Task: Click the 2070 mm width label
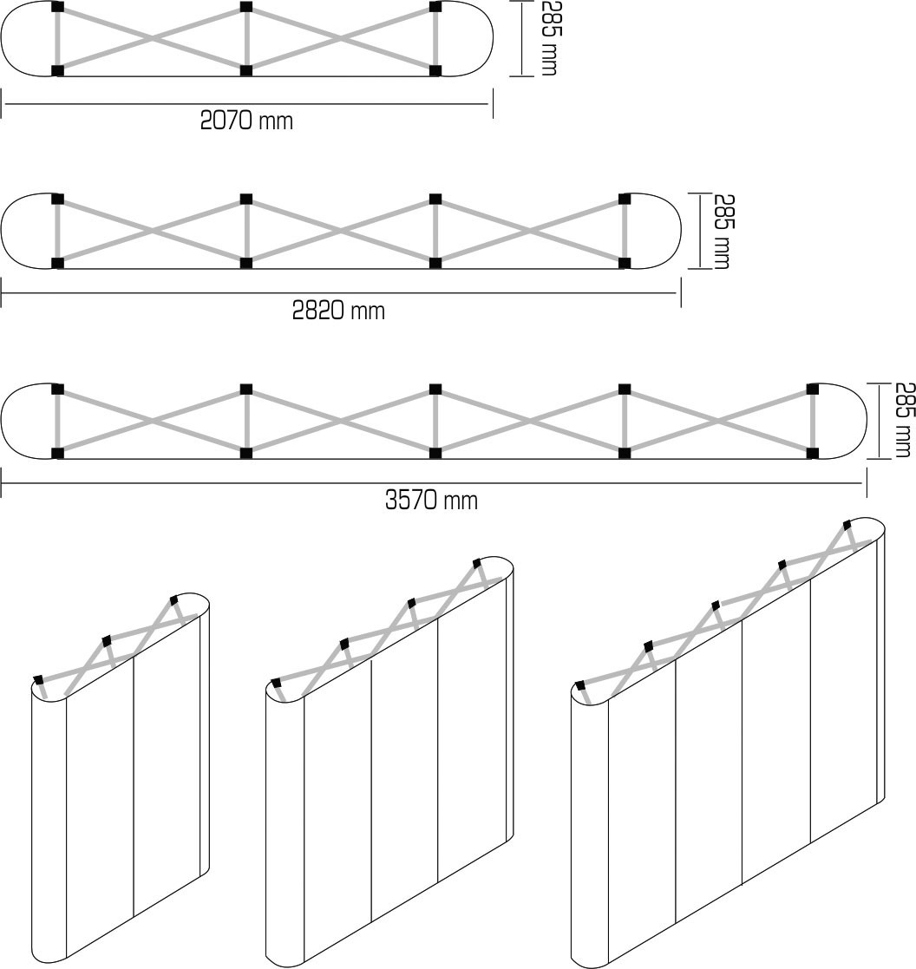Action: click(246, 121)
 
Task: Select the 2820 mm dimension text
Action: click(338, 310)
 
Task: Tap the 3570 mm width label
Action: click(431, 501)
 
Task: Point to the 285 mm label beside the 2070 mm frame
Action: click(547, 37)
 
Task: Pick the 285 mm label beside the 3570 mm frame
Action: click(902, 419)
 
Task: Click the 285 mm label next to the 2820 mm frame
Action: click(721, 230)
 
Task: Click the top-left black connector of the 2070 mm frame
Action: click(58, 8)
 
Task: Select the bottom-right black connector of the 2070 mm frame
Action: click(435, 70)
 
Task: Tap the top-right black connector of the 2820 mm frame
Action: click(624, 199)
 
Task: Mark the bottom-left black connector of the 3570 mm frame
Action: click(58, 453)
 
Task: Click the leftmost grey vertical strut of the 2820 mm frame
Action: click(58, 230)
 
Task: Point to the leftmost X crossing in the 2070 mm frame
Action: click(152, 39)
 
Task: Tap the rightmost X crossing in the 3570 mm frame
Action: click(718, 421)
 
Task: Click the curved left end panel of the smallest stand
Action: click(49, 824)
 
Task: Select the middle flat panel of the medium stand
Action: click(404, 763)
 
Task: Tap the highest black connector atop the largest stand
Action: click(848, 525)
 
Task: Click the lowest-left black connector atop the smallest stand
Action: click(38, 679)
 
